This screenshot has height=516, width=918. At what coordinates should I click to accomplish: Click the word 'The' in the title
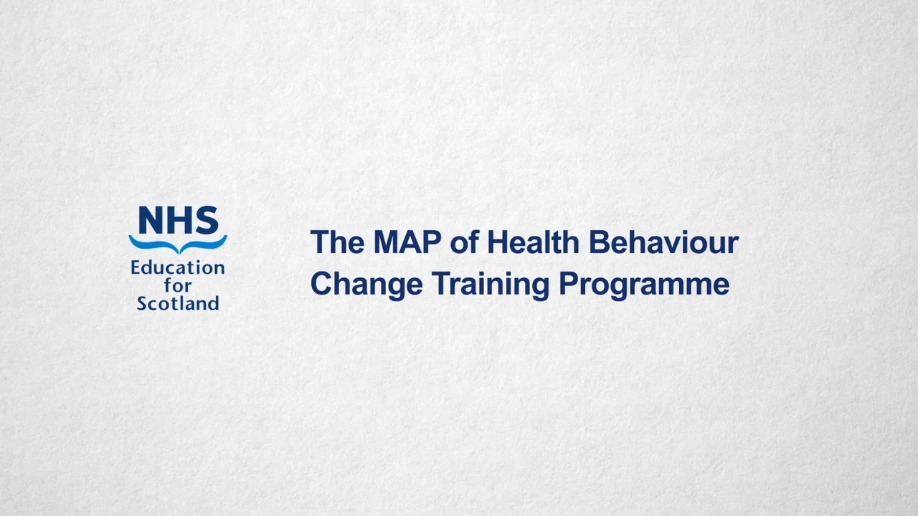click(x=337, y=243)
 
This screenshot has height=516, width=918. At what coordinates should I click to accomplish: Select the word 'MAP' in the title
click(x=407, y=243)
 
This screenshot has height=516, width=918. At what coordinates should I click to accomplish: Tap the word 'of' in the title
click(x=464, y=243)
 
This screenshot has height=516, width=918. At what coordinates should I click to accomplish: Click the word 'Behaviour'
click(x=663, y=243)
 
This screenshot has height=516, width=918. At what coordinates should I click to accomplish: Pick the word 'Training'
click(x=491, y=285)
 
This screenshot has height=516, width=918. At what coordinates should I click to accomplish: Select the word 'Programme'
click(x=644, y=284)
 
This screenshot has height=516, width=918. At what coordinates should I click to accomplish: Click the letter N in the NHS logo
click(x=152, y=221)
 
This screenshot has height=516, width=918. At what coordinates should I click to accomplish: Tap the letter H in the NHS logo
click(x=179, y=221)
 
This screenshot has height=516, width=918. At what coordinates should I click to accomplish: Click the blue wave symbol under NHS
click(x=178, y=244)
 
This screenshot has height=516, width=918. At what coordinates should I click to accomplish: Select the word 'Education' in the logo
click(x=178, y=268)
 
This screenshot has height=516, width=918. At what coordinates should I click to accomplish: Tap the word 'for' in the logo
click(x=177, y=285)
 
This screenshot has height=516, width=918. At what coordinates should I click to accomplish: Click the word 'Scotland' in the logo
click(x=178, y=303)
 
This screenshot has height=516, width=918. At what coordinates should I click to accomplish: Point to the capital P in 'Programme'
click(x=567, y=284)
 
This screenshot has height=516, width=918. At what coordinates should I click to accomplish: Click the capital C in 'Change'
click(x=321, y=284)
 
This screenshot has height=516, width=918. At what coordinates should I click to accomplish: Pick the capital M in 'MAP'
click(x=387, y=243)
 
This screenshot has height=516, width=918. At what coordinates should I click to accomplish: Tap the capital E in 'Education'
click(x=136, y=268)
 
